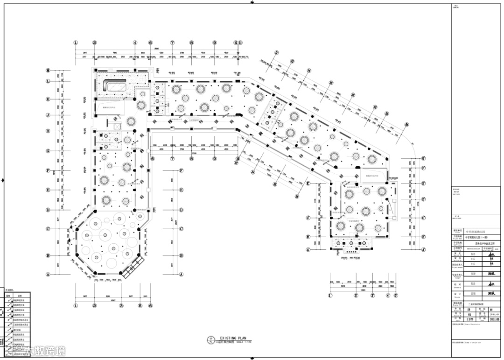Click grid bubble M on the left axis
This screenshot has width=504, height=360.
(48, 71)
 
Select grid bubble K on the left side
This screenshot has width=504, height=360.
(48, 99)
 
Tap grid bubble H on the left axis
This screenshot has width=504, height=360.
(48, 131)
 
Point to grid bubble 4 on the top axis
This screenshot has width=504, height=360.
(135, 42)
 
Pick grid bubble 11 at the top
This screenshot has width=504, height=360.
(240, 42)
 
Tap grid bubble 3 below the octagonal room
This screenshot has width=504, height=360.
(121, 306)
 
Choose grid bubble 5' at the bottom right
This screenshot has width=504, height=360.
(395, 295)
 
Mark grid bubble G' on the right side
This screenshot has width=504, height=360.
(423, 158)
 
